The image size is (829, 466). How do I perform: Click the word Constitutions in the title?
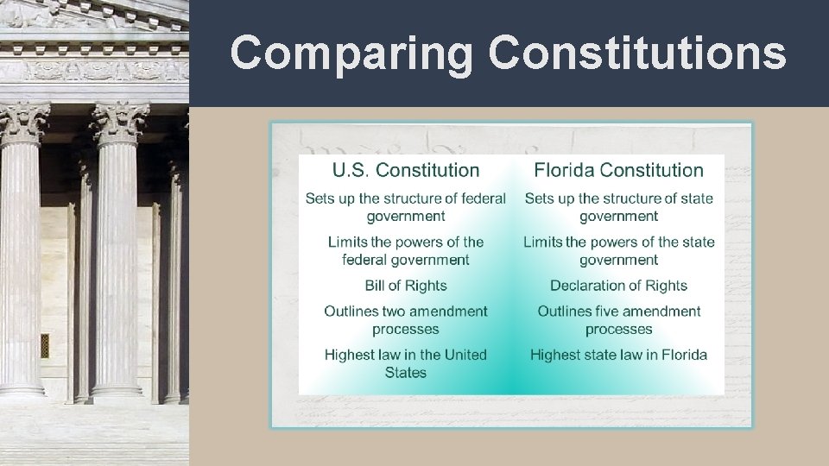coord(637,54)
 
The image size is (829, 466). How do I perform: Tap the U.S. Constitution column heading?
coord(406,170)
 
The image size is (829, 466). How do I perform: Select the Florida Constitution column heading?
coord(618,170)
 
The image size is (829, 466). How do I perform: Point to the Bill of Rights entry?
coord(406,286)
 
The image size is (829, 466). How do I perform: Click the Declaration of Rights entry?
coord(618,286)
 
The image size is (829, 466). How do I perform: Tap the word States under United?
coord(406,373)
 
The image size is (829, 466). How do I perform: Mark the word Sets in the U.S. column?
coord(319,198)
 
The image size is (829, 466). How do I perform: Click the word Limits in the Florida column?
coord(542,242)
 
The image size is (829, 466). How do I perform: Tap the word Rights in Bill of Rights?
coord(426,286)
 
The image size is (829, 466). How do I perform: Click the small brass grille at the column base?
coord(45,345)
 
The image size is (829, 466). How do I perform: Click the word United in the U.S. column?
coord(460,355)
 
